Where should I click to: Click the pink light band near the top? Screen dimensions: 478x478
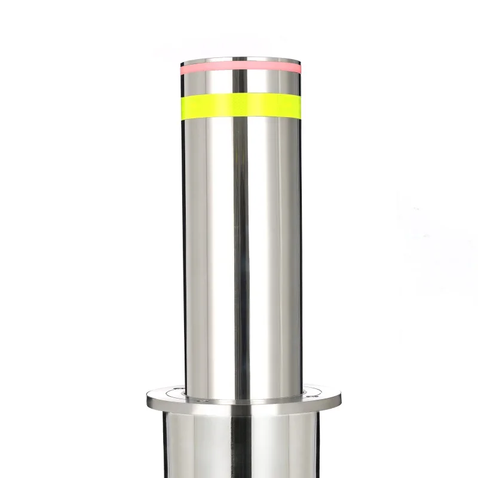[239, 68]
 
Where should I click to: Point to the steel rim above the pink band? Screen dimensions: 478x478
[239, 60]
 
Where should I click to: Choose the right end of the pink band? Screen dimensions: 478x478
[299, 66]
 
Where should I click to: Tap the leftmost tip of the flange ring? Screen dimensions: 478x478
[145, 397]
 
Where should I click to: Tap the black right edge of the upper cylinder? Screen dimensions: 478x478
[301, 239]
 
